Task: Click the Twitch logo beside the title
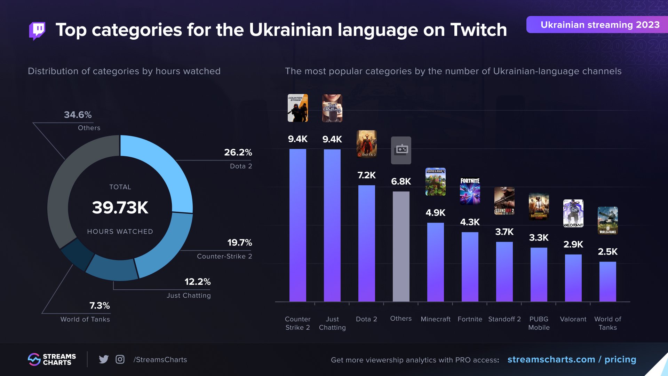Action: (37, 31)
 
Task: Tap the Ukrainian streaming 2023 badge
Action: (597, 25)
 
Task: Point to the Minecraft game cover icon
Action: (435, 182)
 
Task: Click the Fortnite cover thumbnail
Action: (470, 191)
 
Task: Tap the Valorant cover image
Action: (573, 213)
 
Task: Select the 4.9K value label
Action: (435, 213)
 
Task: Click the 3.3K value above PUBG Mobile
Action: (539, 238)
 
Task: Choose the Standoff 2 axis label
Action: (504, 319)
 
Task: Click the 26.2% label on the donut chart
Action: (238, 152)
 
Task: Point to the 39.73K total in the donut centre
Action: (120, 208)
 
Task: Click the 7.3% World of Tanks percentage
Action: (100, 306)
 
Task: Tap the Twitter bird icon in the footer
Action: (104, 359)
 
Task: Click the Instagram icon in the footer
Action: (120, 359)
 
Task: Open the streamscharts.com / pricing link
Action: (572, 359)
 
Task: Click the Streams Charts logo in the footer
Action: (52, 359)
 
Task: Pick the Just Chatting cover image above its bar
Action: (332, 108)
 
